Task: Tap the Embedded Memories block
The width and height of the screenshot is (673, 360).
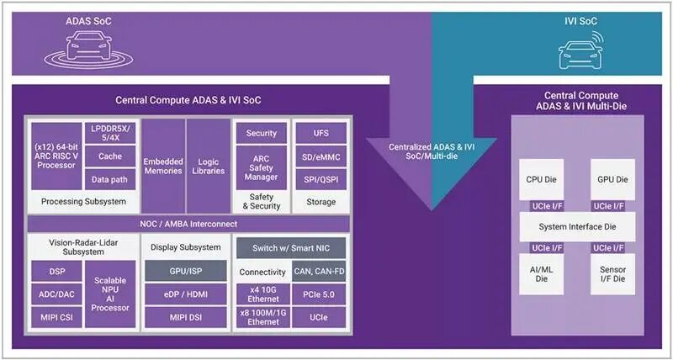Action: pyautogui.click(x=163, y=165)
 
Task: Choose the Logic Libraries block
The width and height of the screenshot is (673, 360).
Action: pyautogui.click(x=208, y=165)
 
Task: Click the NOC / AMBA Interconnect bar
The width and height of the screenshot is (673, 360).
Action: pyautogui.click(x=188, y=224)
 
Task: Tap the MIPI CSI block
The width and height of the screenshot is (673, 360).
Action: pyautogui.click(x=56, y=317)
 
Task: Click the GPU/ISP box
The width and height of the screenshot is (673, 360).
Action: pyautogui.click(x=185, y=270)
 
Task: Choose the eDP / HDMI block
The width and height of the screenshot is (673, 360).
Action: pyautogui.click(x=185, y=294)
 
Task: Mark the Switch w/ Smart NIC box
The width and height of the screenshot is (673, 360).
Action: pyautogui.click(x=289, y=248)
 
